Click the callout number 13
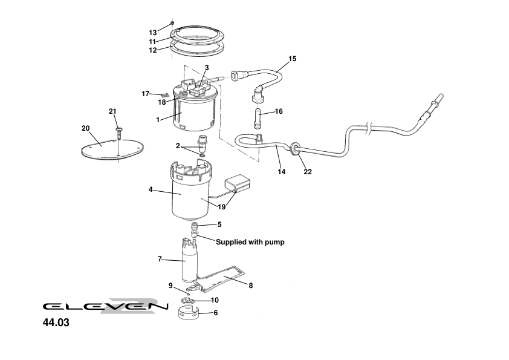click(x=152, y=32)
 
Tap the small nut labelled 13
click(x=172, y=23)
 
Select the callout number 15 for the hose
click(x=293, y=59)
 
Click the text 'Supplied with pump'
click(x=250, y=242)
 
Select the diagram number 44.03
click(x=56, y=323)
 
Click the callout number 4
click(x=150, y=189)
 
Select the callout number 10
click(x=214, y=300)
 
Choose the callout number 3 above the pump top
click(x=207, y=68)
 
